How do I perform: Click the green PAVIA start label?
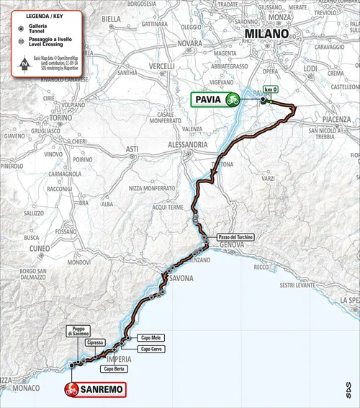[x=208, y=99]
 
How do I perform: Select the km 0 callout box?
[x=269, y=89]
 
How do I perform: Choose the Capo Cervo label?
[x=152, y=350]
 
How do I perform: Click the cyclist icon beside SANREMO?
[x=71, y=389]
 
